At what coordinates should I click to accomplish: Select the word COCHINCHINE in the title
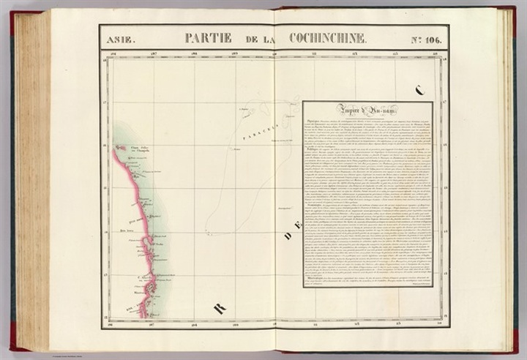[x=327, y=38]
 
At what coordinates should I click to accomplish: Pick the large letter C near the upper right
[x=419, y=91]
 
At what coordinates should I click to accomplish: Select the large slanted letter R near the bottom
[x=219, y=308]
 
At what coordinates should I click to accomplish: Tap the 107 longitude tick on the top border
[x=154, y=54]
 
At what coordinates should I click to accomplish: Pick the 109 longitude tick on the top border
[x=235, y=54]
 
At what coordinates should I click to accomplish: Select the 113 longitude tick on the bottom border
[x=396, y=323]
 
